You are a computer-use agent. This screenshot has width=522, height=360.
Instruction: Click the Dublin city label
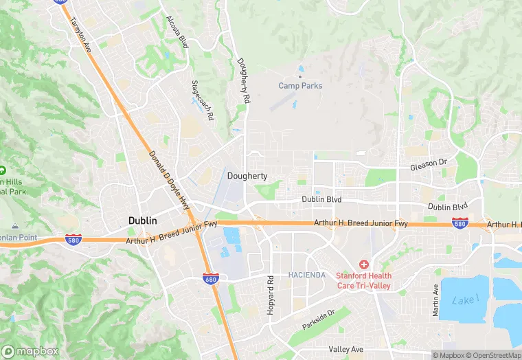[x=143, y=221]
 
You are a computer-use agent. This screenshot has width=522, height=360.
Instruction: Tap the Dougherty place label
[x=247, y=177]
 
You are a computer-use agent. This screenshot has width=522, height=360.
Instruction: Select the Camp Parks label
[x=300, y=86]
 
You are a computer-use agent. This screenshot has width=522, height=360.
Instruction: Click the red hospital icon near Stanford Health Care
[x=364, y=265]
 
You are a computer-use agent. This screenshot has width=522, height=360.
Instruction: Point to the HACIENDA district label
[x=306, y=275]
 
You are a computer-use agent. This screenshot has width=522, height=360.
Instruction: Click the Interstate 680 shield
[x=211, y=278]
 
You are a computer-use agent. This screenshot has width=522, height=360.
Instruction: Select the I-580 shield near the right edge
[x=460, y=223]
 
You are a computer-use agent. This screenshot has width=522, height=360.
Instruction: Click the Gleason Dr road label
[x=428, y=167]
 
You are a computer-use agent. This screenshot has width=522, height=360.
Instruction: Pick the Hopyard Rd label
[x=270, y=290]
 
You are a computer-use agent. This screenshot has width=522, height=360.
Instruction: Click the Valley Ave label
[x=345, y=350]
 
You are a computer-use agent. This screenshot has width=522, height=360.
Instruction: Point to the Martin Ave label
[x=435, y=302]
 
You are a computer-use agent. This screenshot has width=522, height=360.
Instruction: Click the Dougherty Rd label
[x=242, y=81]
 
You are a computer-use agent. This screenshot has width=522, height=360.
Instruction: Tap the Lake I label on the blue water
[x=465, y=300]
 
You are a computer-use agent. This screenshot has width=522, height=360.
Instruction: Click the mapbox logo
[x=29, y=351]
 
